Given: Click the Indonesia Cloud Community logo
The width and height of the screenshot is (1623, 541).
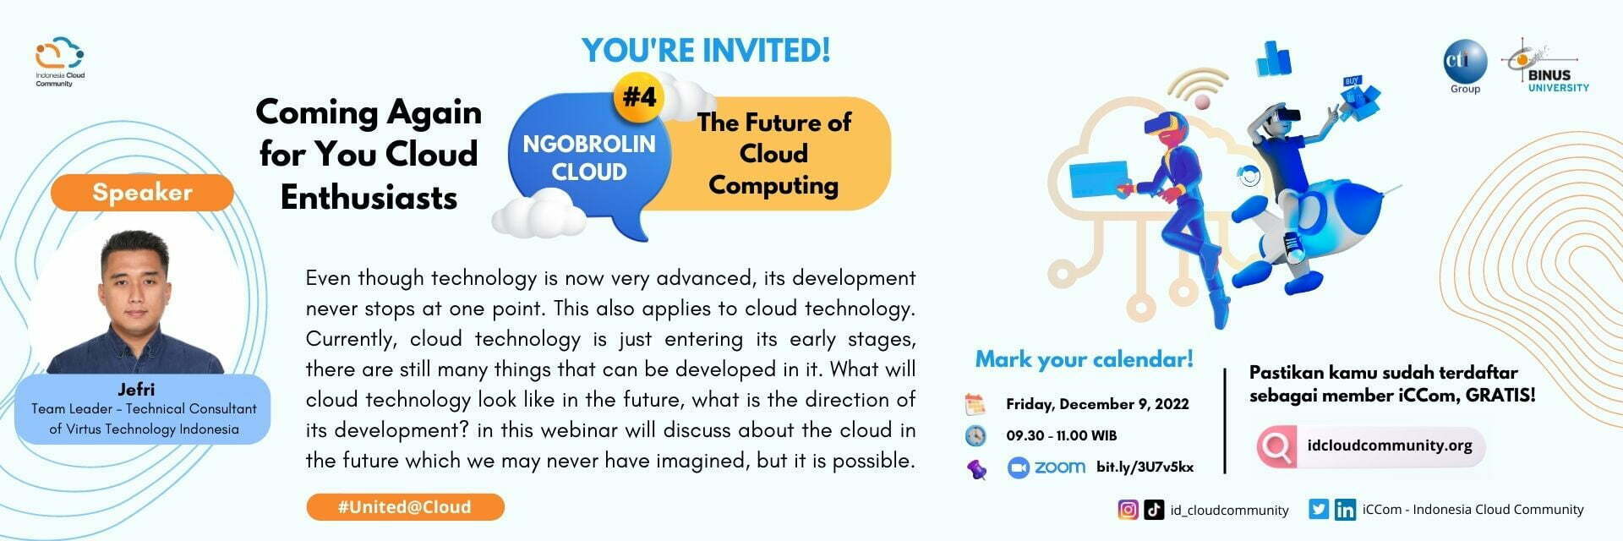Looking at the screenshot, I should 60,60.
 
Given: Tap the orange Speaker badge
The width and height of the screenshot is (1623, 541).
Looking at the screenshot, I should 142,192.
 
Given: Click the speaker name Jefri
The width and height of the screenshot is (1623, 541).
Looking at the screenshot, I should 136,390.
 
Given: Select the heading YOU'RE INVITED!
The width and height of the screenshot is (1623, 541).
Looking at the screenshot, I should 706,50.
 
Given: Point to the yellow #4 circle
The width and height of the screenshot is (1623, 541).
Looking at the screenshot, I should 639,97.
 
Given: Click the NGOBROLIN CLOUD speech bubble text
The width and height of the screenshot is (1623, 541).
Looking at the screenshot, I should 589,158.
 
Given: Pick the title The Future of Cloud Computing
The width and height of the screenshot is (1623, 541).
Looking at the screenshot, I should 773,154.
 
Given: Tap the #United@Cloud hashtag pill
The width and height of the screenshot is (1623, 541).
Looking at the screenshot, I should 405,507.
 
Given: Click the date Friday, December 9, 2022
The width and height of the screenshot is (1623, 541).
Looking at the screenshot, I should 1097,404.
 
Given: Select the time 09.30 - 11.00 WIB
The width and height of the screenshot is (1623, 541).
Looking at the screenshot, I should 1061,435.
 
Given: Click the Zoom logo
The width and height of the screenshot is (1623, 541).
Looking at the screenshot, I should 1046,467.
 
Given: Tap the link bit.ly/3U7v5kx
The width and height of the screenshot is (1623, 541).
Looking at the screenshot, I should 1145,467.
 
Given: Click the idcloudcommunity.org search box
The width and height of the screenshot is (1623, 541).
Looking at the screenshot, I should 1371,445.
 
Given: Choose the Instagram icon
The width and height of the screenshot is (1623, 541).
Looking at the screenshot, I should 1128,509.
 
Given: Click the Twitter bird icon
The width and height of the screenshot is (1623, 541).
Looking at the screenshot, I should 1318,509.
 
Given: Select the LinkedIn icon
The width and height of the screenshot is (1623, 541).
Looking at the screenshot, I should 1345,510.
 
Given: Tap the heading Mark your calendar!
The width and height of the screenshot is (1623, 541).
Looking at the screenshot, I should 1084,359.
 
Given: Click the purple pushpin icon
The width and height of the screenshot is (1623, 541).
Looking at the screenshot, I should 977,468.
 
